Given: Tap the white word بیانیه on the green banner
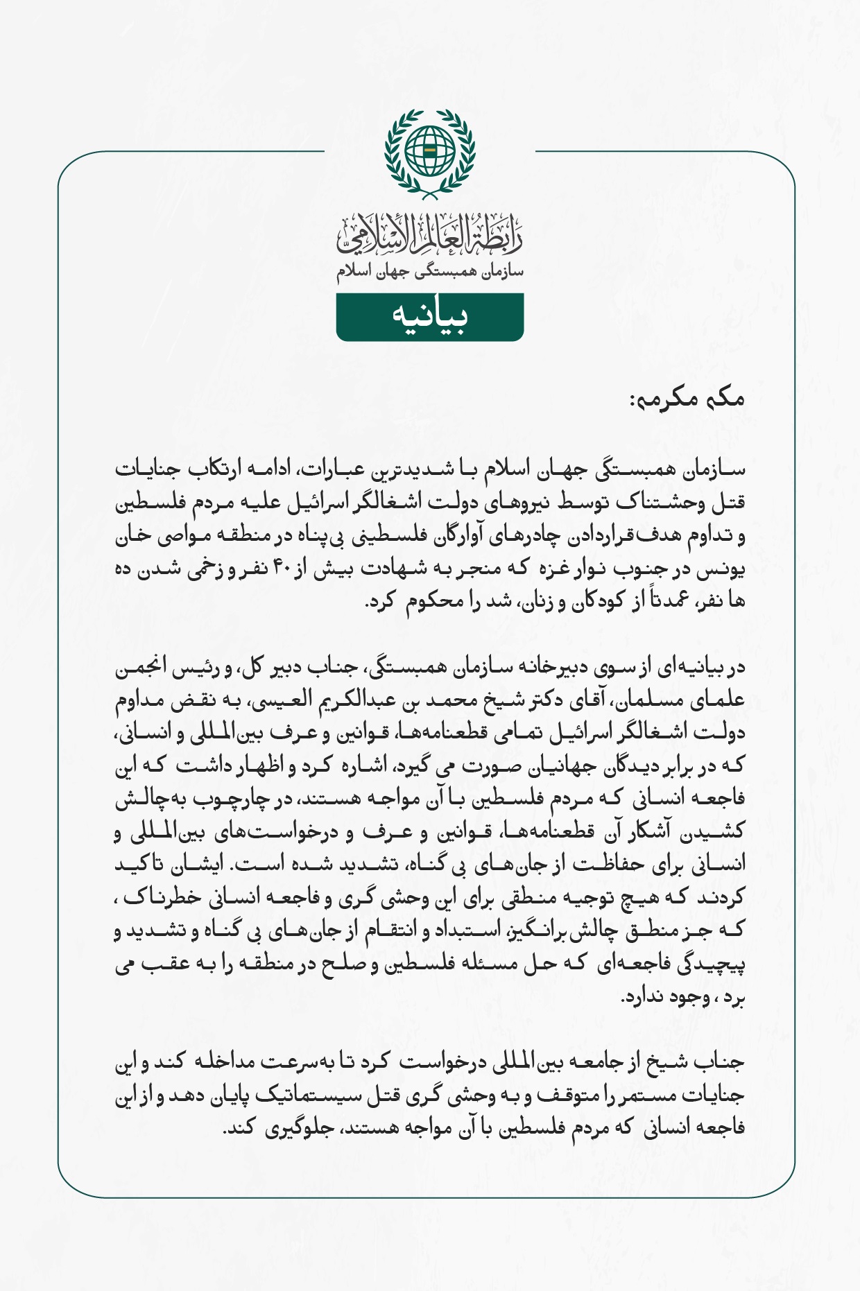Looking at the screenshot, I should pos(430,316).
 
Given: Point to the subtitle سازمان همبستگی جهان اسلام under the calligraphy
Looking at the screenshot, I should pos(430,272).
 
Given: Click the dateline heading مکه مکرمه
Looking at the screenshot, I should pos(687,399).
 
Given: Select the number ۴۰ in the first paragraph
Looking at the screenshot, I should pos(282,569).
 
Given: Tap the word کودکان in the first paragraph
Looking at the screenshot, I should pos(584,600).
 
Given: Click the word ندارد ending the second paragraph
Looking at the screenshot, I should pos(648,996).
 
